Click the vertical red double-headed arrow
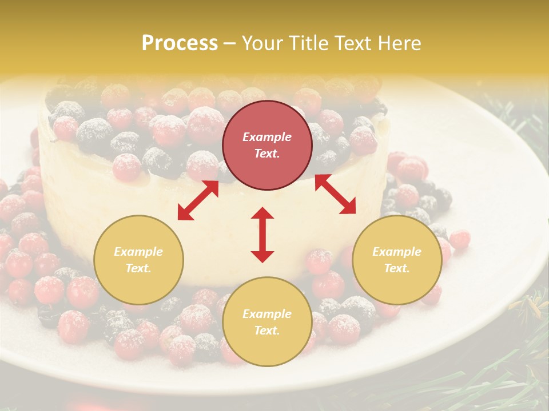coord(262,235)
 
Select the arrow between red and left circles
coord(198,200)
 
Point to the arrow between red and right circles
coord(335,194)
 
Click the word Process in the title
coord(180,43)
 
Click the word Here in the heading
coord(400,43)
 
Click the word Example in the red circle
coord(267,137)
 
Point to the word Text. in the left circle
coord(138,268)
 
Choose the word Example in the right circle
coord(397,252)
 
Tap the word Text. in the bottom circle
coord(267,331)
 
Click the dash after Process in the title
coord(230,43)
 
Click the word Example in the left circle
coord(138,252)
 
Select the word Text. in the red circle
coord(267,154)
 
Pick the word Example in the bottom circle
coord(267,314)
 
